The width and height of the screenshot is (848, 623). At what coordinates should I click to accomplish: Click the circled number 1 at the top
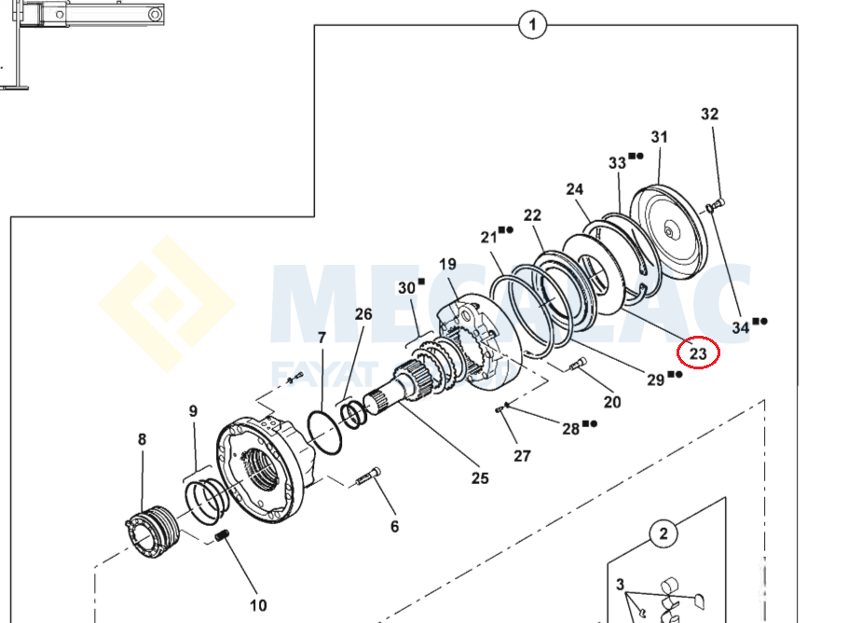(532, 25)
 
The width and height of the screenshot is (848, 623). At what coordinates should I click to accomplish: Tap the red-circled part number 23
(699, 353)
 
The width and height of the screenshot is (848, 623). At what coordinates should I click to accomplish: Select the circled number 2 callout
(663, 534)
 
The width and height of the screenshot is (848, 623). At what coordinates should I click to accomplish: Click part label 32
(710, 115)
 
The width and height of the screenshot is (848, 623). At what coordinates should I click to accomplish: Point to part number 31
(660, 137)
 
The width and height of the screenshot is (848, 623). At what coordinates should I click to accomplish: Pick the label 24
(575, 189)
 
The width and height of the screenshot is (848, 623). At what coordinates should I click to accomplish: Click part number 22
(532, 215)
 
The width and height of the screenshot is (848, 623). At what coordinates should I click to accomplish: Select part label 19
(446, 264)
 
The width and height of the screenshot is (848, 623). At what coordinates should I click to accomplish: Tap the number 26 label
(363, 314)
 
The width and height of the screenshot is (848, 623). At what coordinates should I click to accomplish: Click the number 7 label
(321, 337)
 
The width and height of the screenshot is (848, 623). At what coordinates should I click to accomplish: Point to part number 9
(193, 410)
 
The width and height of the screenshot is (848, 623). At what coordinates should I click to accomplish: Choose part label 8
(142, 439)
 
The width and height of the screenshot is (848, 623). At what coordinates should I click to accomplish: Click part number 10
(258, 605)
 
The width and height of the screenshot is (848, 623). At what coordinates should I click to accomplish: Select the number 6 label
(394, 527)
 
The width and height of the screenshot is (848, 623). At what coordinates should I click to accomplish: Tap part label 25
(479, 478)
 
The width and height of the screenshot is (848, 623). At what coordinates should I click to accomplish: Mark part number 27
(522, 456)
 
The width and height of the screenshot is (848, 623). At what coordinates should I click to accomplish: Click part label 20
(611, 402)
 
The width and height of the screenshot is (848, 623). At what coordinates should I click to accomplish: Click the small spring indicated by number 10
(223, 538)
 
